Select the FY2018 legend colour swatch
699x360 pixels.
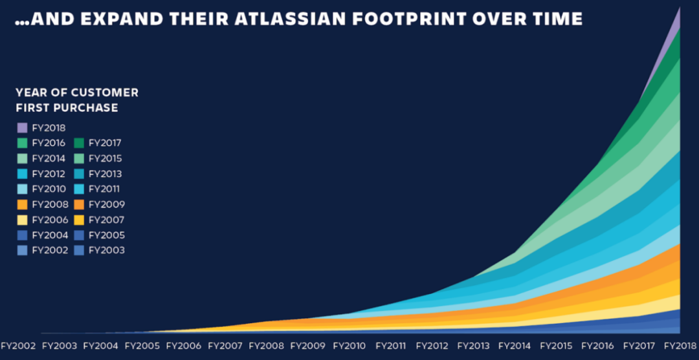point(22,128)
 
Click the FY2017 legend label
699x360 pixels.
point(105,143)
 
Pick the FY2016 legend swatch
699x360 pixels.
point(22,143)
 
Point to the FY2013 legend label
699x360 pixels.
point(105,174)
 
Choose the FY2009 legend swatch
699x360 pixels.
point(79,205)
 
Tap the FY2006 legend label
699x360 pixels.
point(49,220)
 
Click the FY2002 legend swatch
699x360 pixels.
point(22,251)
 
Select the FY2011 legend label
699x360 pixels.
point(104,189)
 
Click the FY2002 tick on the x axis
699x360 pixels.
point(18,346)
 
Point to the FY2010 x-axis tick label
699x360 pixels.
point(350,346)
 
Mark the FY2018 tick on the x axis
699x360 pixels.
point(681,346)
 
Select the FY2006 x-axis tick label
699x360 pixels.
point(184,346)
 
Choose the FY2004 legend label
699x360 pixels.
point(49,235)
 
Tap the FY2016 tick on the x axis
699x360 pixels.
point(599,346)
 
